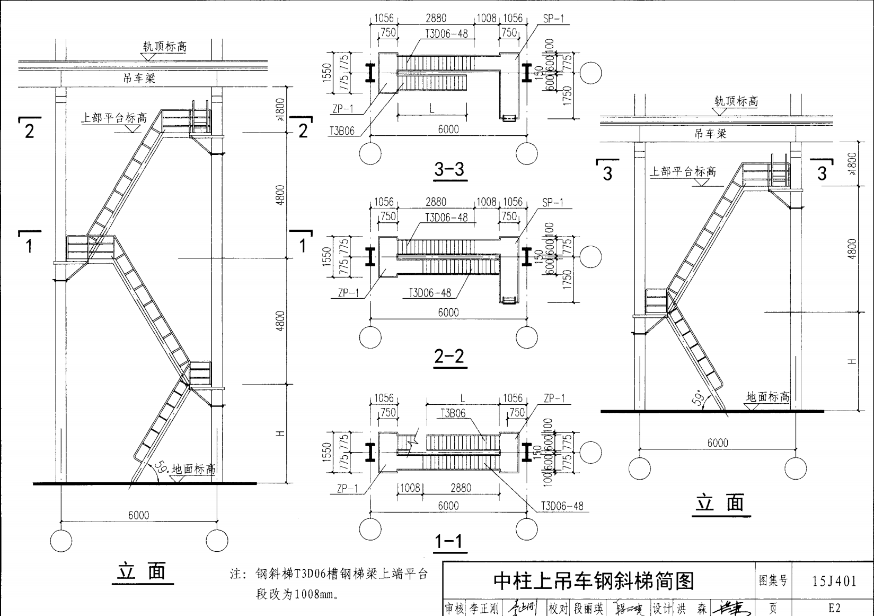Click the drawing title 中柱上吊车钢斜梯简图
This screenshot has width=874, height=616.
click(594, 581)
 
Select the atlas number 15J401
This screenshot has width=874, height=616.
click(834, 581)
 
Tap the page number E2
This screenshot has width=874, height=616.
click(834, 608)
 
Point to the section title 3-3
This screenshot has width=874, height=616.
click(449, 169)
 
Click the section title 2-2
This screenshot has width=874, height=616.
click(449, 356)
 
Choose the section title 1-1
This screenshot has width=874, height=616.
click(449, 542)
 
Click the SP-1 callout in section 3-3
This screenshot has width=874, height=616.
click(554, 19)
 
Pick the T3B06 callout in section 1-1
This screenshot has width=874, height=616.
click(453, 413)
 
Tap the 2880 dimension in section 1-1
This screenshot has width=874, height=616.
click(461, 488)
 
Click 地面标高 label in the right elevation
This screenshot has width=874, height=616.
click(767, 396)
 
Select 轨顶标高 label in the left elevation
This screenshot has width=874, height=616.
click(165, 47)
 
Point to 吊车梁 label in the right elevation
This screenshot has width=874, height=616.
click(710, 134)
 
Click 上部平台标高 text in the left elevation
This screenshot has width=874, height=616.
click(114, 117)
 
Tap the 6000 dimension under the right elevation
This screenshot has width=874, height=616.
click(718, 443)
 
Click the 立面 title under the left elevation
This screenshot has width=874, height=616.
click(142, 572)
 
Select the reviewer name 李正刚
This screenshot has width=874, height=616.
click(484, 609)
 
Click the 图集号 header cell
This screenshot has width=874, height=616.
click(773, 581)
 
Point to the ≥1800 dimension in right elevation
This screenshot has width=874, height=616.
click(852, 163)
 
